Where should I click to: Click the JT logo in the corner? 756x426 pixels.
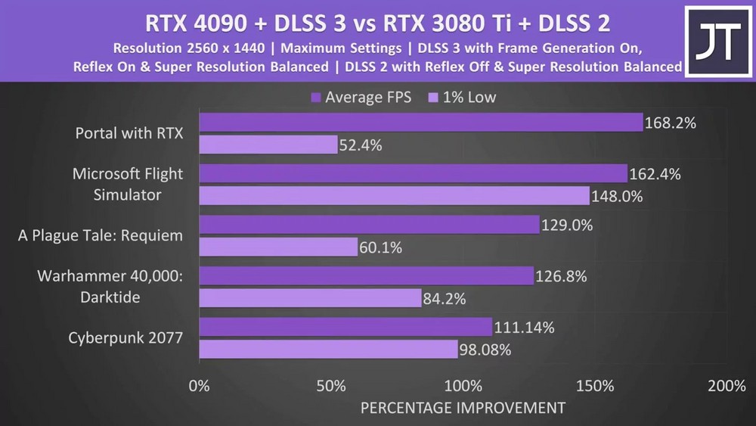tap(717, 42)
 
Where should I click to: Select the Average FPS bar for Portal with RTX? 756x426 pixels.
tap(420, 123)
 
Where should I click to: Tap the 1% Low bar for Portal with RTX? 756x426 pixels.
tap(268, 144)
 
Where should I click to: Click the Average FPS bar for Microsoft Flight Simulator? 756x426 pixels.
tap(413, 174)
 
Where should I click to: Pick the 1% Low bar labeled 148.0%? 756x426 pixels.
tap(394, 196)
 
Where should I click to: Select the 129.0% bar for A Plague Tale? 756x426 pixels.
tap(369, 225)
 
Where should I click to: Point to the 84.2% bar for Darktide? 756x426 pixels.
tap(310, 298)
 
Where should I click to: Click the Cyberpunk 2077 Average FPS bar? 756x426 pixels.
tap(345, 328)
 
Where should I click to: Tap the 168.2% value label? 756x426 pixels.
tap(669, 123)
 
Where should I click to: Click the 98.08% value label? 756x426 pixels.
tap(485, 350)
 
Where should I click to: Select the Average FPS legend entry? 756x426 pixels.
tap(361, 97)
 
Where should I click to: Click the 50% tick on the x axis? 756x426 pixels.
tap(330, 386)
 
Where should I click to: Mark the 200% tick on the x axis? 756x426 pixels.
tap(727, 386)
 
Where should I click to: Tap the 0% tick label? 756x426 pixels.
tap(199, 386)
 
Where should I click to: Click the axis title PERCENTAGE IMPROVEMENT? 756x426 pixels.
tap(462, 409)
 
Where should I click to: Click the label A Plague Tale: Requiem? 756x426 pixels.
tap(101, 235)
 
